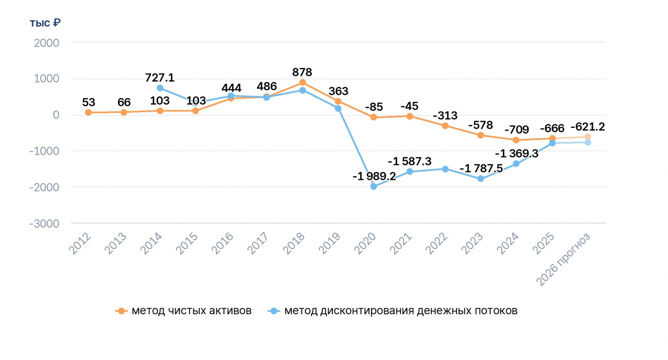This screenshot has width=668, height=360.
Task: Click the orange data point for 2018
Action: (302, 82)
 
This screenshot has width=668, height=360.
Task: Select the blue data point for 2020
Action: (374, 186)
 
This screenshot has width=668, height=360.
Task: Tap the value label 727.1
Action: (159, 78)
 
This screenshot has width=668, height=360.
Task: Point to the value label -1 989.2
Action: (374, 176)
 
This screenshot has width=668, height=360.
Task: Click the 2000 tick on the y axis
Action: (46, 43)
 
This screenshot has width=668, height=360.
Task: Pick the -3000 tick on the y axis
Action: (44, 224)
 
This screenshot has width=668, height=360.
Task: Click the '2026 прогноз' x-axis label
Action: (563, 259)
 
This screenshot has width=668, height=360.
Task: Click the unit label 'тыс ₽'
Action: (45, 23)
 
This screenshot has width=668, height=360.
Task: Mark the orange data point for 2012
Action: (88, 112)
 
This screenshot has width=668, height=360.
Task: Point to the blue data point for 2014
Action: (160, 88)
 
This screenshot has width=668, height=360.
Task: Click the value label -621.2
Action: (587, 127)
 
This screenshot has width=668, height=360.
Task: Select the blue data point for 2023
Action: (481, 179)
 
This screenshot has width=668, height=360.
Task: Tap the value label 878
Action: (302, 72)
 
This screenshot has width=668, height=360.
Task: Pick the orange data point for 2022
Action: (445, 126)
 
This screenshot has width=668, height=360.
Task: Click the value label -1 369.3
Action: (517, 154)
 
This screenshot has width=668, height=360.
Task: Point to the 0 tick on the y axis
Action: (56, 115)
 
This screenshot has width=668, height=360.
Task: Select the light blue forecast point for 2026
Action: (588, 143)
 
